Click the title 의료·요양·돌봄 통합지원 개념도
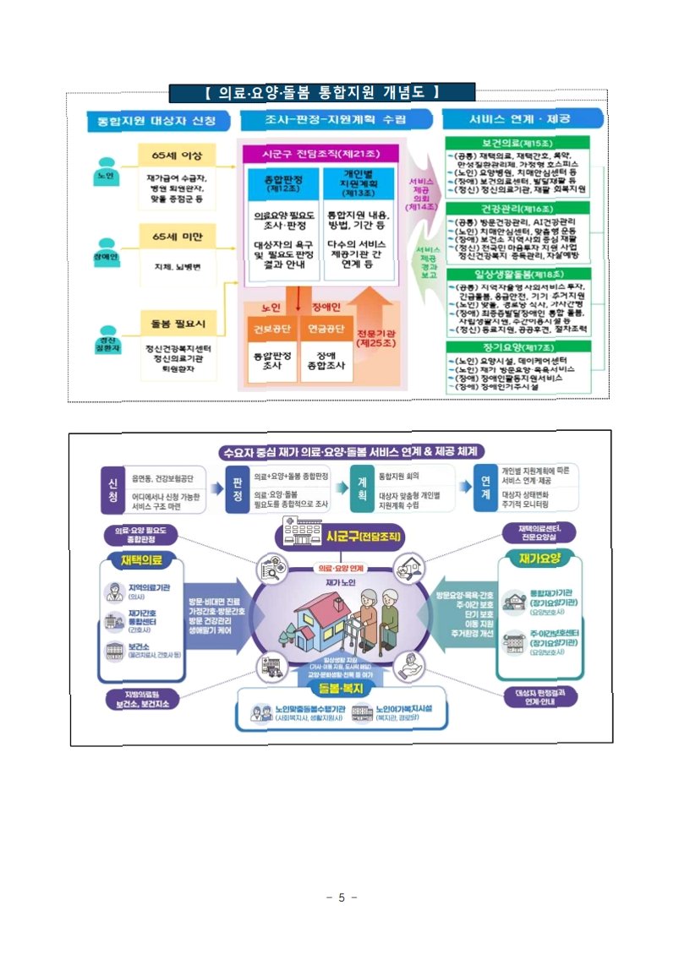[309, 91]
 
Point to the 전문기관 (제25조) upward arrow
[373, 325]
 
